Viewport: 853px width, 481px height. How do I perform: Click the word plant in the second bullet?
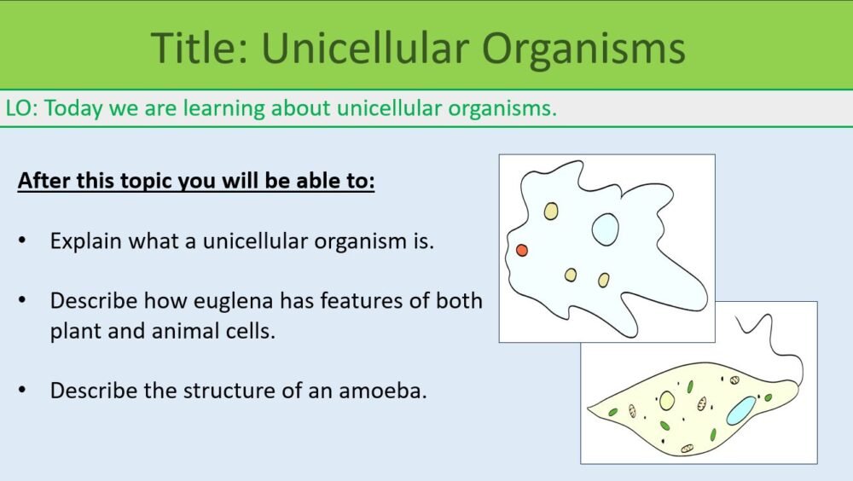pos(75,332)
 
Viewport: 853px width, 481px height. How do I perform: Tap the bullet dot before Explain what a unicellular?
pos(22,241)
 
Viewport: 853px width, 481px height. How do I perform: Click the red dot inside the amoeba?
pos(522,250)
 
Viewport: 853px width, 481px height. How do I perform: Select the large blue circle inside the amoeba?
pos(605,229)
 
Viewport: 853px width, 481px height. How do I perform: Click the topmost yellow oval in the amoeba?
pos(551,211)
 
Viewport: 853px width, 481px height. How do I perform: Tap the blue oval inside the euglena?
pos(740,410)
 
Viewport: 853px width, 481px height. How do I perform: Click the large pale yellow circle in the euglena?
pos(667,400)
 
